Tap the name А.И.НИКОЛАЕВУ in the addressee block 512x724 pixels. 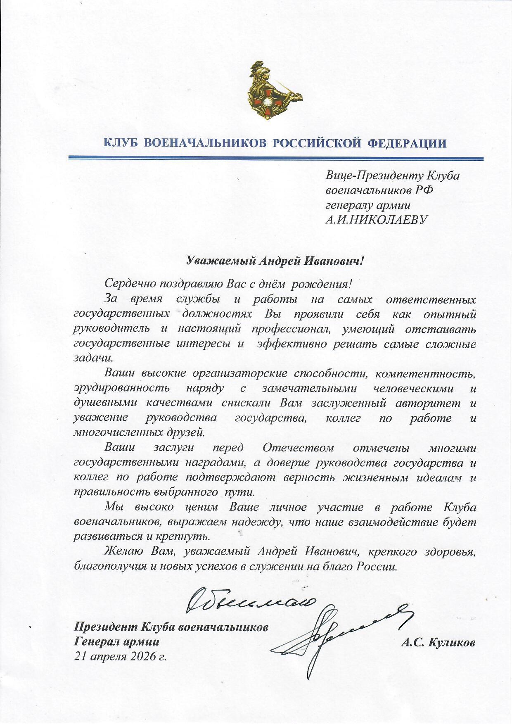tap(377, 219)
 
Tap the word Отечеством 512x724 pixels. tap(299, 448)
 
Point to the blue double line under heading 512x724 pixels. tap(275, 159)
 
